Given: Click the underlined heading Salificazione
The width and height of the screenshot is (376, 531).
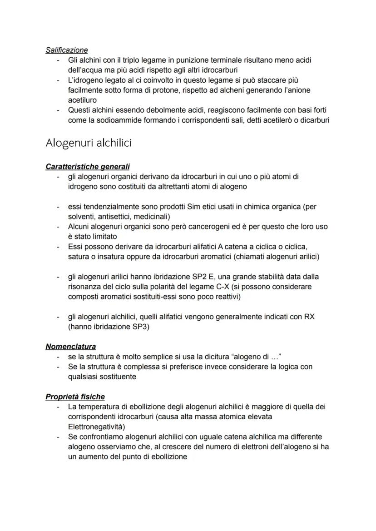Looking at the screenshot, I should coord(67,50).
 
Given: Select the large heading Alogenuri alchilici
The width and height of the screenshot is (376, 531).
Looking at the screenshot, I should coord(89,143).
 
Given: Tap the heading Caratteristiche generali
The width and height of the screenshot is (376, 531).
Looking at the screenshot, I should coord(88,167).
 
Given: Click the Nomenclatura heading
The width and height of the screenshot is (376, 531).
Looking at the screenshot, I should coord(70,347).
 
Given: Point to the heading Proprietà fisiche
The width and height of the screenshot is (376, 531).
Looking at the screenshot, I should coord(75,397).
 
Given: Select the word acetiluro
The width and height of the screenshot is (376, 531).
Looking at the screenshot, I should coord(83,100).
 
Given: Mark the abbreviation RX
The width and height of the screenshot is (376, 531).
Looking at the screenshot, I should coord(309,317).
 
